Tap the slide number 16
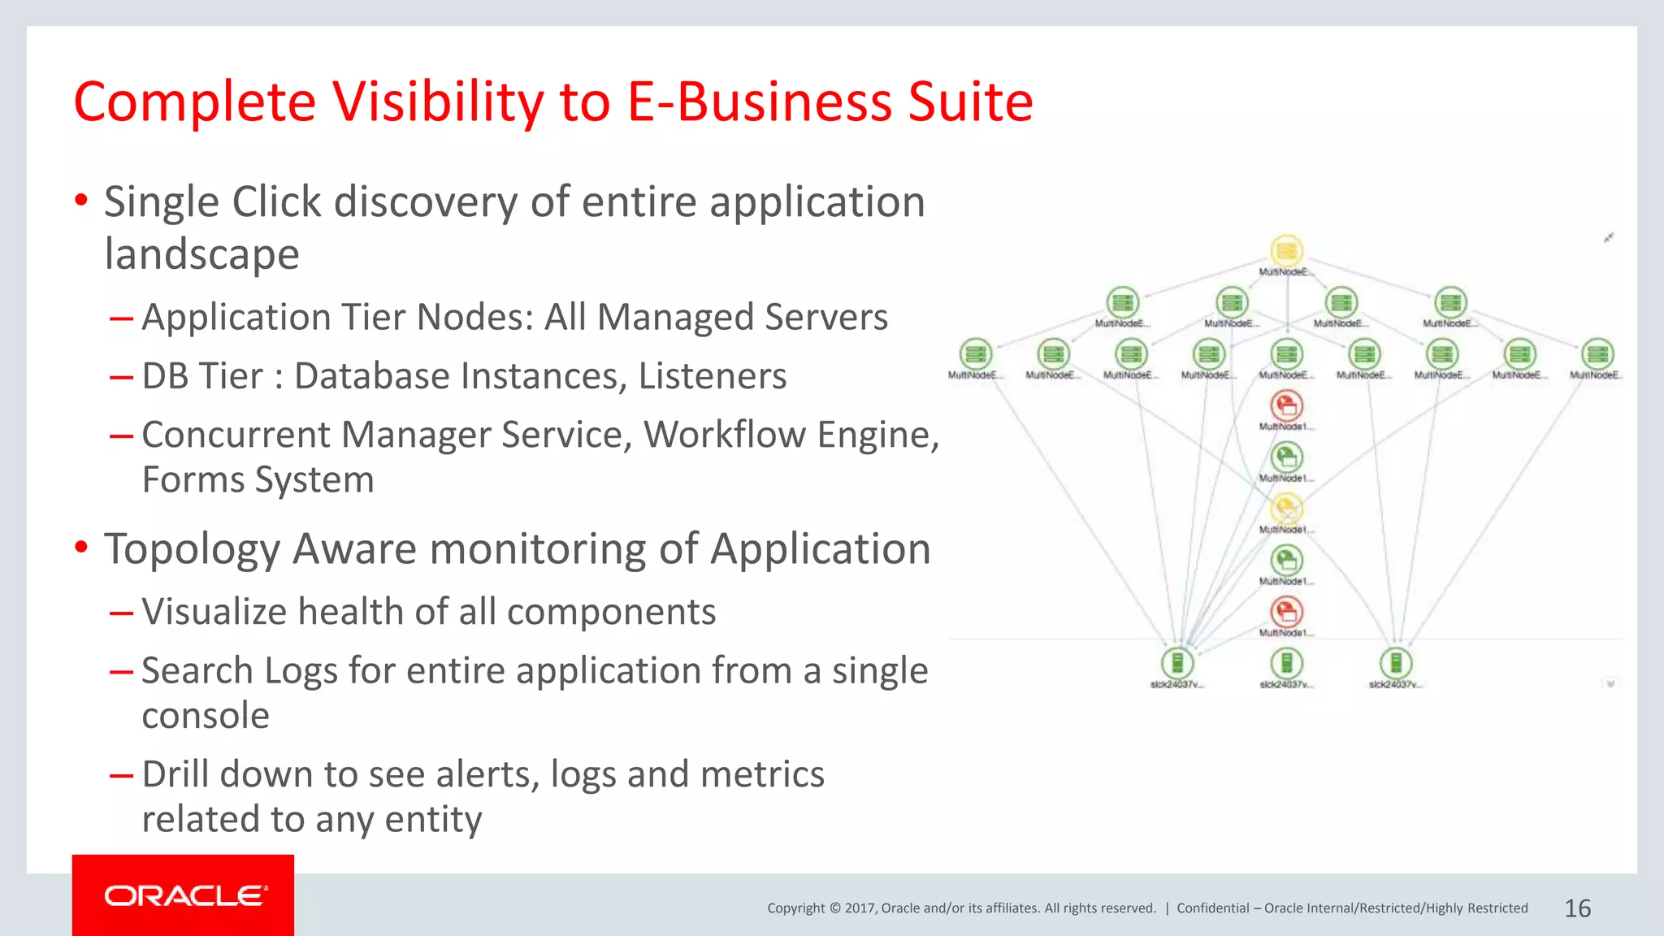click(1577, 908)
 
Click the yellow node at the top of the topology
click(1286, 251)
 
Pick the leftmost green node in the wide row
click(975, 354)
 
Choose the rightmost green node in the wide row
click(1597, 354)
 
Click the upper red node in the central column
click(1286, 405)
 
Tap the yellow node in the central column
click(1286, 509)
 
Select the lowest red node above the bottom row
click(1286, 612)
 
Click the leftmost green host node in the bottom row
click(1177, 663)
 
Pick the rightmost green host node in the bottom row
click(1395, 663)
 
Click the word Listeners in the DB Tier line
click(712, 376)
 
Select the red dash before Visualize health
click(121, 613)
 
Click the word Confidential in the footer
click(1212, 908)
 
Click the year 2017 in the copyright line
click(860, 908)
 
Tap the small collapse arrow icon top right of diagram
click(1608, 237)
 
